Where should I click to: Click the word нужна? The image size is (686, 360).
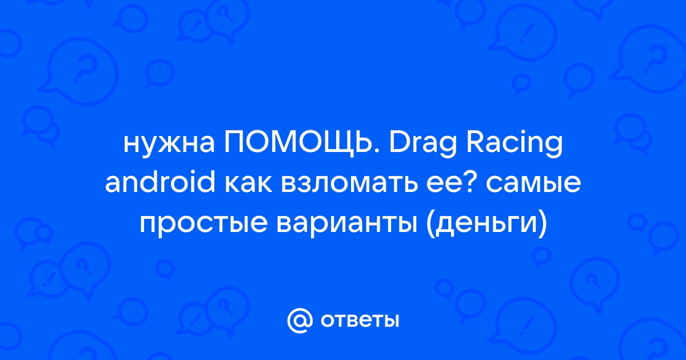[169, 145]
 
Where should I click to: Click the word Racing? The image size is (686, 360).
[514, 145]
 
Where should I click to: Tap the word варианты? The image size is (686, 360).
[346, 224]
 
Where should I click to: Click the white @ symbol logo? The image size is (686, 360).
[300, 321]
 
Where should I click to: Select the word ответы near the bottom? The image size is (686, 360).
[360, 321]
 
